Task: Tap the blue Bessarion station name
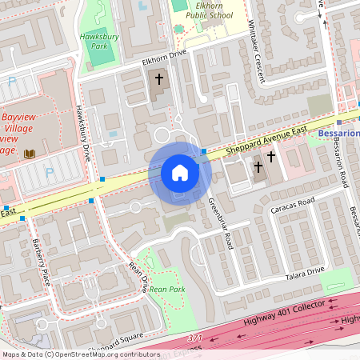click(x=338, y=133)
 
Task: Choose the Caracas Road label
click(x=293, y=209)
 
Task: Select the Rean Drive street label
click(x=138, y=274)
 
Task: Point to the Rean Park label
click(x=167, y=288)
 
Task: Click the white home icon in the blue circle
click(x=180, y=173)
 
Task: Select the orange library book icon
click(x=30, y=153)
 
